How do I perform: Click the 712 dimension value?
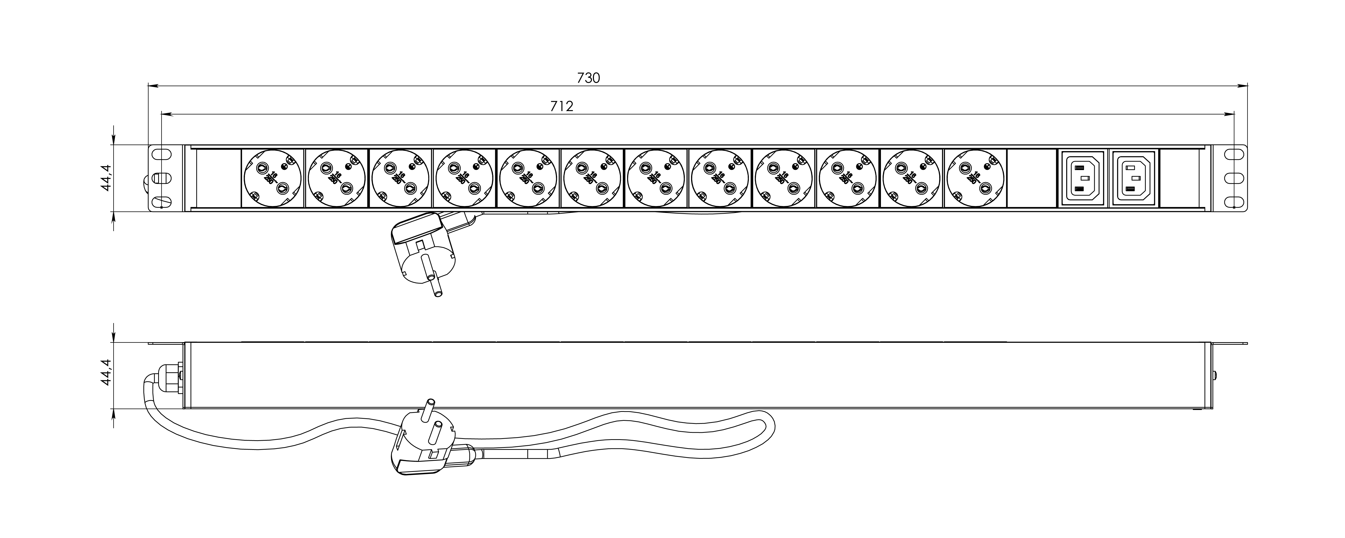562,106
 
